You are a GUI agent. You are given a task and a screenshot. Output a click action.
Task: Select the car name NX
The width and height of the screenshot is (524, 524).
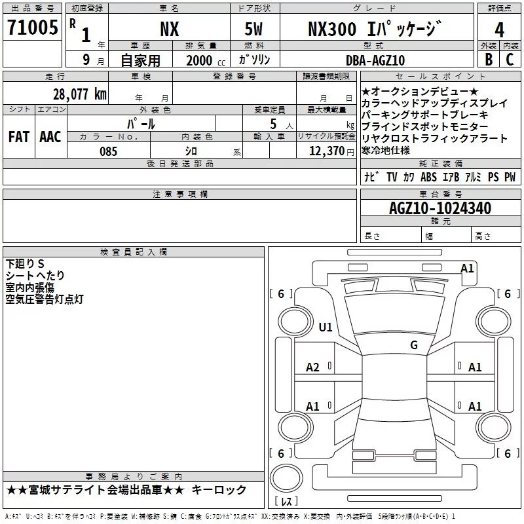point(169,29)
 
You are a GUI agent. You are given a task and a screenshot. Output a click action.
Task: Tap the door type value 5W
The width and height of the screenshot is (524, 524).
point(255,29)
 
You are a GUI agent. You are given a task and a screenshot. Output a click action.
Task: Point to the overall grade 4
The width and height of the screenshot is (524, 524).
point(499,29)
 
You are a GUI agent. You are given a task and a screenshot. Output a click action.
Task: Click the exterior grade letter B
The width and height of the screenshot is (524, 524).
point(488,60)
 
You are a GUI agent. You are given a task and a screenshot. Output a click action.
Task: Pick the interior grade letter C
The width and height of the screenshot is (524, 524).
point(510,60)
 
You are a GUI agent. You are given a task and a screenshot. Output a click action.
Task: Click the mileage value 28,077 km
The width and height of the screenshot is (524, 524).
point(79,94)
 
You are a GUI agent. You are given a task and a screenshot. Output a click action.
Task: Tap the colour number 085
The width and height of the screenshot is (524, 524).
point(108,151)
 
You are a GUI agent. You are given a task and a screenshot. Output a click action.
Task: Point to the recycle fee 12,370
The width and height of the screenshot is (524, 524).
point(325,151)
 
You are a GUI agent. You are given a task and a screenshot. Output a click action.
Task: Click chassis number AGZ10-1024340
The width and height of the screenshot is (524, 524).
point(440,208)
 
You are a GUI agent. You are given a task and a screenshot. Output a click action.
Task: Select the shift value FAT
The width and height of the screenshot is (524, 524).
point(18,137)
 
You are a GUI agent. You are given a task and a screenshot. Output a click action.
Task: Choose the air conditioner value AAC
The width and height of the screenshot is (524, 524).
point(50,137)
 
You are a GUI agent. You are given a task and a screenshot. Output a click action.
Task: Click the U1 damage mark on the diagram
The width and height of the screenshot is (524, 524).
point(325,327)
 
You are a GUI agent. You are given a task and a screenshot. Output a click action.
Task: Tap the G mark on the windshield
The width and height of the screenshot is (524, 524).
point(413,345)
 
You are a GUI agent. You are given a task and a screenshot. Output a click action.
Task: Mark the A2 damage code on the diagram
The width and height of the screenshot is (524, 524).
point(312,367)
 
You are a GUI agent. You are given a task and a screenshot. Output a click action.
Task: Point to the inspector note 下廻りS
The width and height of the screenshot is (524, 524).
point(25,263)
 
